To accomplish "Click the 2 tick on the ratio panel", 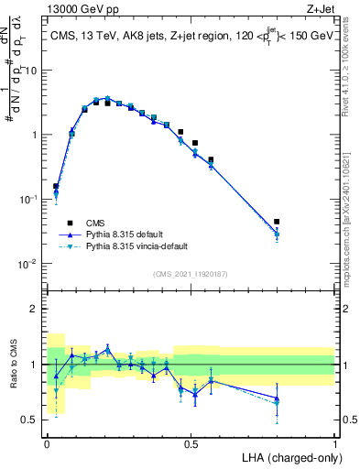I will coord(37,309).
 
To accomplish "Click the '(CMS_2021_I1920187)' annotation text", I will coord(191,274).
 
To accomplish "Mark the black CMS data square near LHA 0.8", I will coord(277,222).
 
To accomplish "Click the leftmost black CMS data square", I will coord(56,186).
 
